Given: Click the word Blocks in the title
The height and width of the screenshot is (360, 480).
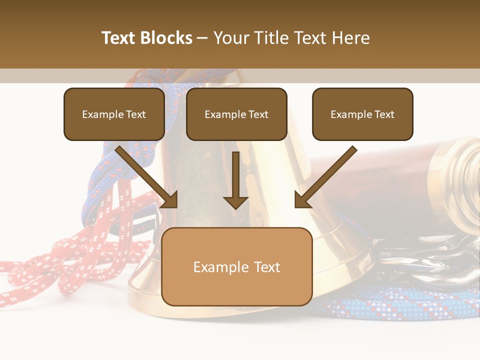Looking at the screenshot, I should pyautogui.click(x=166, y=38).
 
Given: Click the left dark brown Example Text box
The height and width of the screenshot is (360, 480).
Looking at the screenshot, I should pyautogui.click(x=114, y=114).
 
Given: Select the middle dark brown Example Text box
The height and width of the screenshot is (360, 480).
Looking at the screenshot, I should pyautogui.click(x=236, y=114).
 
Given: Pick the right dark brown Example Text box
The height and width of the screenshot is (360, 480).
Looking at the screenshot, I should pyautogui.click(x=362, y=114).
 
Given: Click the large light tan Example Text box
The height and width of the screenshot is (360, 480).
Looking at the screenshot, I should pyautogui.click(x=236, y=267).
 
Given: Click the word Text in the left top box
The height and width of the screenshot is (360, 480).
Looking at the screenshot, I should pyautogui.click(x=136, y=114).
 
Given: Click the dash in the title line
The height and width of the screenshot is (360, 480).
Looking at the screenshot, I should pyautogui.click(x=202, y=38).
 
